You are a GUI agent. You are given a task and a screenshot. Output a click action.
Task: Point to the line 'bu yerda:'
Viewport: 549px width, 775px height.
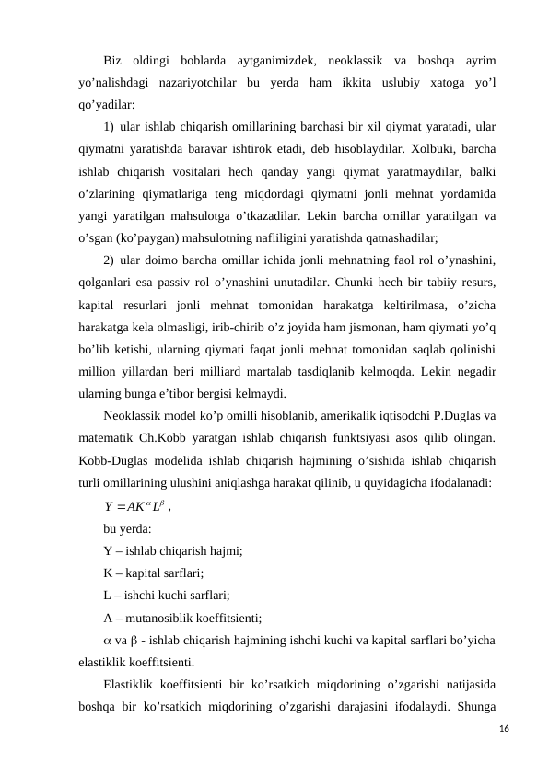[x=129, y=528]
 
